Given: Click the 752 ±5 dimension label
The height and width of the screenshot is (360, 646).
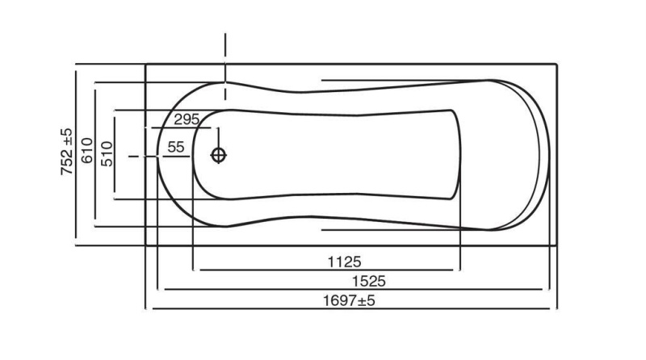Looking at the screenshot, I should coord(67,151).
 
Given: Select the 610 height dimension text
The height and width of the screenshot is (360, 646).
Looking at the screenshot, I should coord(87,152).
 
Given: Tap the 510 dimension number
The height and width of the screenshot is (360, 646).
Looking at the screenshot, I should coord(107,152).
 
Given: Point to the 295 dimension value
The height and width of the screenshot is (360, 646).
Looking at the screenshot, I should coord(186,119).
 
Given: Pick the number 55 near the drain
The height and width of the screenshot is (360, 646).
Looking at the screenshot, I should coord(176,147).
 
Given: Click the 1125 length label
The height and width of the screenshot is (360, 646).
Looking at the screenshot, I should coord(344,262).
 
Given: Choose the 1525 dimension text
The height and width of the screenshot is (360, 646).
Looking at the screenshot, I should coord(367,281).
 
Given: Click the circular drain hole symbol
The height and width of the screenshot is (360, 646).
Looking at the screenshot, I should coord(219,155).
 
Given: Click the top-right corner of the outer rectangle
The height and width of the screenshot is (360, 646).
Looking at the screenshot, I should coord(557,64).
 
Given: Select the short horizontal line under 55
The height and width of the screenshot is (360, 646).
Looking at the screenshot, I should coord(174,156).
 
